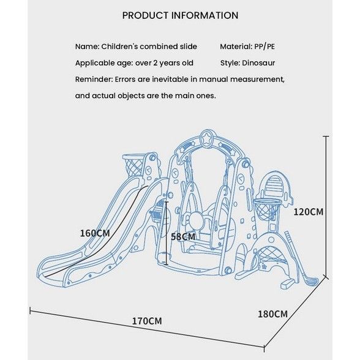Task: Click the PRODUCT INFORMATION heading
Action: point(180,16)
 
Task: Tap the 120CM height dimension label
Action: point(309,212)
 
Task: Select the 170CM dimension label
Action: point(147,321)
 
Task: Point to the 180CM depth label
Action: point(273,314)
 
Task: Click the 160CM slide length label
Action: point(95,233)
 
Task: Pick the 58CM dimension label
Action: point(183,237)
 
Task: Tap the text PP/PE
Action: point(264,47)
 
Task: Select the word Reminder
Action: point(94,80)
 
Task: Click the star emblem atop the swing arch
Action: point(206,138)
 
